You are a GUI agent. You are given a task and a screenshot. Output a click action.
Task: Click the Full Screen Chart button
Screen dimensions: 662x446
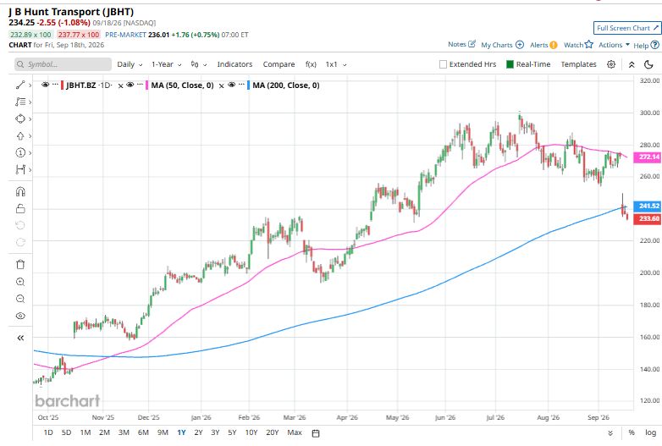coord(626,28)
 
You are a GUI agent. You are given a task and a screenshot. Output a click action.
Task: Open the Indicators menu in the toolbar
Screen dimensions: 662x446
coord(234,64)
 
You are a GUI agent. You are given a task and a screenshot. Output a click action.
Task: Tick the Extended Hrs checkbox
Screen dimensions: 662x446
coord(443,64)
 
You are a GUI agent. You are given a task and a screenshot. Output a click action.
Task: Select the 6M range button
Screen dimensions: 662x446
coord(143,432)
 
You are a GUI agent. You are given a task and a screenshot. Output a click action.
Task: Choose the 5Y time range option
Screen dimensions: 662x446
coord(232,432)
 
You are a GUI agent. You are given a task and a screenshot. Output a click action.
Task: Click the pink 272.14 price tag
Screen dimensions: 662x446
coord(648,157)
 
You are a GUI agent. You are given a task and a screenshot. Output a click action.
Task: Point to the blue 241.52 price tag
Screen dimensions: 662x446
coord(648,206)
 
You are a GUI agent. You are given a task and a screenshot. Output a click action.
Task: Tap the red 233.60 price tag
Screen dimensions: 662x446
coord(648,218)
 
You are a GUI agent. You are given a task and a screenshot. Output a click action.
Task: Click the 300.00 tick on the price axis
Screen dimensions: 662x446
coord(650,113)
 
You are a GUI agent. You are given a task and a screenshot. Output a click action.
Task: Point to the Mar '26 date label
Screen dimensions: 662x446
coord(295,417)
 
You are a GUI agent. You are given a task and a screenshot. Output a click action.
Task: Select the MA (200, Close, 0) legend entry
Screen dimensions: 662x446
coord(286,85)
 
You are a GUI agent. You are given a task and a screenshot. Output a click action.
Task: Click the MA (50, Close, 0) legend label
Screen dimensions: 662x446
coord(182,85)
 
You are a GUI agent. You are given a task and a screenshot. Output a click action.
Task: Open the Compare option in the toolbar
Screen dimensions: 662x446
coord(279,64)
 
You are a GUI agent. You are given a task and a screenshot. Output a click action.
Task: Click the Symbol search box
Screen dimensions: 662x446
coord(63,64)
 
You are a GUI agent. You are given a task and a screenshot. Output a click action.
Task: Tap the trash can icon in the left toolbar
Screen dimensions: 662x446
coord(20,265)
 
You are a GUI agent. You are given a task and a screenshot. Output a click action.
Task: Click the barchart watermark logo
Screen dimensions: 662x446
coord(68,401)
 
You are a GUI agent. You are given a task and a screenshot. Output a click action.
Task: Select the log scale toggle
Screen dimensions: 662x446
coord(651,432)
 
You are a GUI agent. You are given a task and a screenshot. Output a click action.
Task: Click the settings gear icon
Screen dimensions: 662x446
coord(611,64)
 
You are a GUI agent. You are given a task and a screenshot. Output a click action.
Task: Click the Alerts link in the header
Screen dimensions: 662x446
coord(543,45)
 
